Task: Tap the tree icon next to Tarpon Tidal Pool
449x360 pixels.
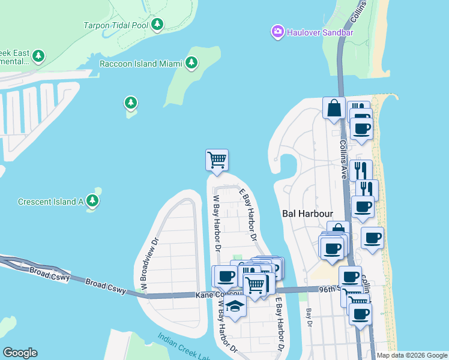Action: [x=157, y=25]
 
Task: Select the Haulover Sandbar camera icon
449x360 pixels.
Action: [x=277, y=31]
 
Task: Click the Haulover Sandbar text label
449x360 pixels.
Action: [x=320, y=32]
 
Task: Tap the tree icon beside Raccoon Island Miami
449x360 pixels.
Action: [x=191, y=62]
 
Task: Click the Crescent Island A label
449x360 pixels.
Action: [x=50, y=202]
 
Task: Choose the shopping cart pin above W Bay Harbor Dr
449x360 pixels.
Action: [x=217, y=160]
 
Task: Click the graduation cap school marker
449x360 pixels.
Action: [x=235, y=307]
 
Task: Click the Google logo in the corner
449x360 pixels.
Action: [x=20, y=353]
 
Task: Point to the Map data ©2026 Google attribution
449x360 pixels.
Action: [x=411, y=355]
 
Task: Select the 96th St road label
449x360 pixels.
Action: [x=329, y=288]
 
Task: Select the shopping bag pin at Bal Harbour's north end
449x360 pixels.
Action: [x=333, y=109]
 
